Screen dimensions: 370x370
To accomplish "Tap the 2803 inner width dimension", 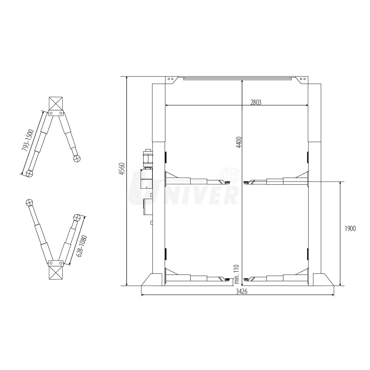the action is click(x=256, y=102).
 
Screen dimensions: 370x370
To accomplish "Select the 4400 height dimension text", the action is click(x=239, y=142).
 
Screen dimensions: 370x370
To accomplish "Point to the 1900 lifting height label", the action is click(x=350, y=228).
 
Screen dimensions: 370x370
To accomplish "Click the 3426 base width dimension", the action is click(x=242, y=292).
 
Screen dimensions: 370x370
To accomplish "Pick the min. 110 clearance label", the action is click(x=237, y=274).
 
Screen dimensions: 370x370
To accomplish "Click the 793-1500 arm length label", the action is click(x=28, y=140).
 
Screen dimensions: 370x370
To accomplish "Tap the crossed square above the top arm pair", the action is click(x=56, y=103).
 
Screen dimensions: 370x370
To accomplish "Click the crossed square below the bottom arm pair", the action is click(x=56, y=273).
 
